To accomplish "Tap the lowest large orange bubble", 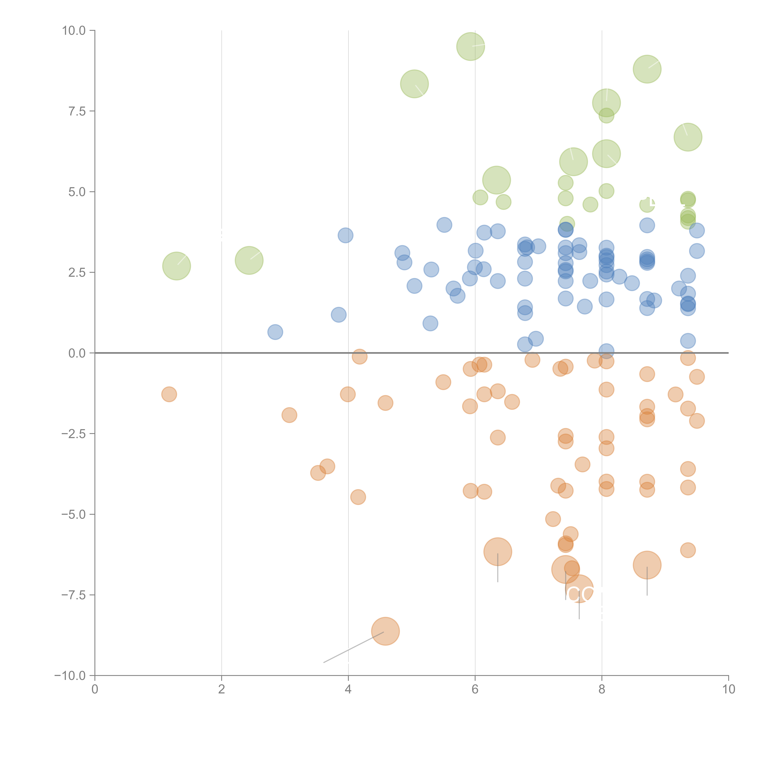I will click(x=385, y=631).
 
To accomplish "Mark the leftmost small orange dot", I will click(x=169, y=394).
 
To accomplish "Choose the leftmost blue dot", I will click(x=275, y=332).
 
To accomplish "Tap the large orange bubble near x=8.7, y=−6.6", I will click(x=647, y=565).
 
